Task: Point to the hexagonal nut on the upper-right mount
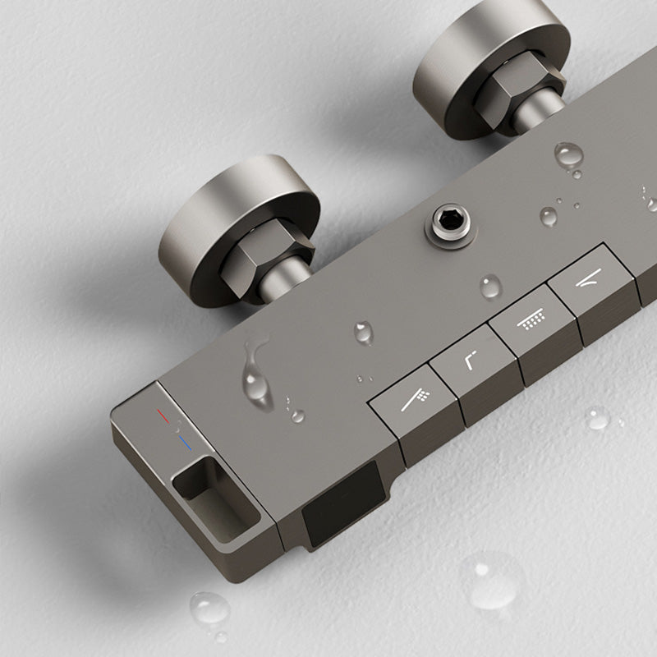[520, 90]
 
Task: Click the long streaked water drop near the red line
[258, 374]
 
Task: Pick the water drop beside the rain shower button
[491, 286]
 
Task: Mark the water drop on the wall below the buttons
[597, 418]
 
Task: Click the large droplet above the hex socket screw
[568, 154]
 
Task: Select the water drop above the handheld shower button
[364, 332]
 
